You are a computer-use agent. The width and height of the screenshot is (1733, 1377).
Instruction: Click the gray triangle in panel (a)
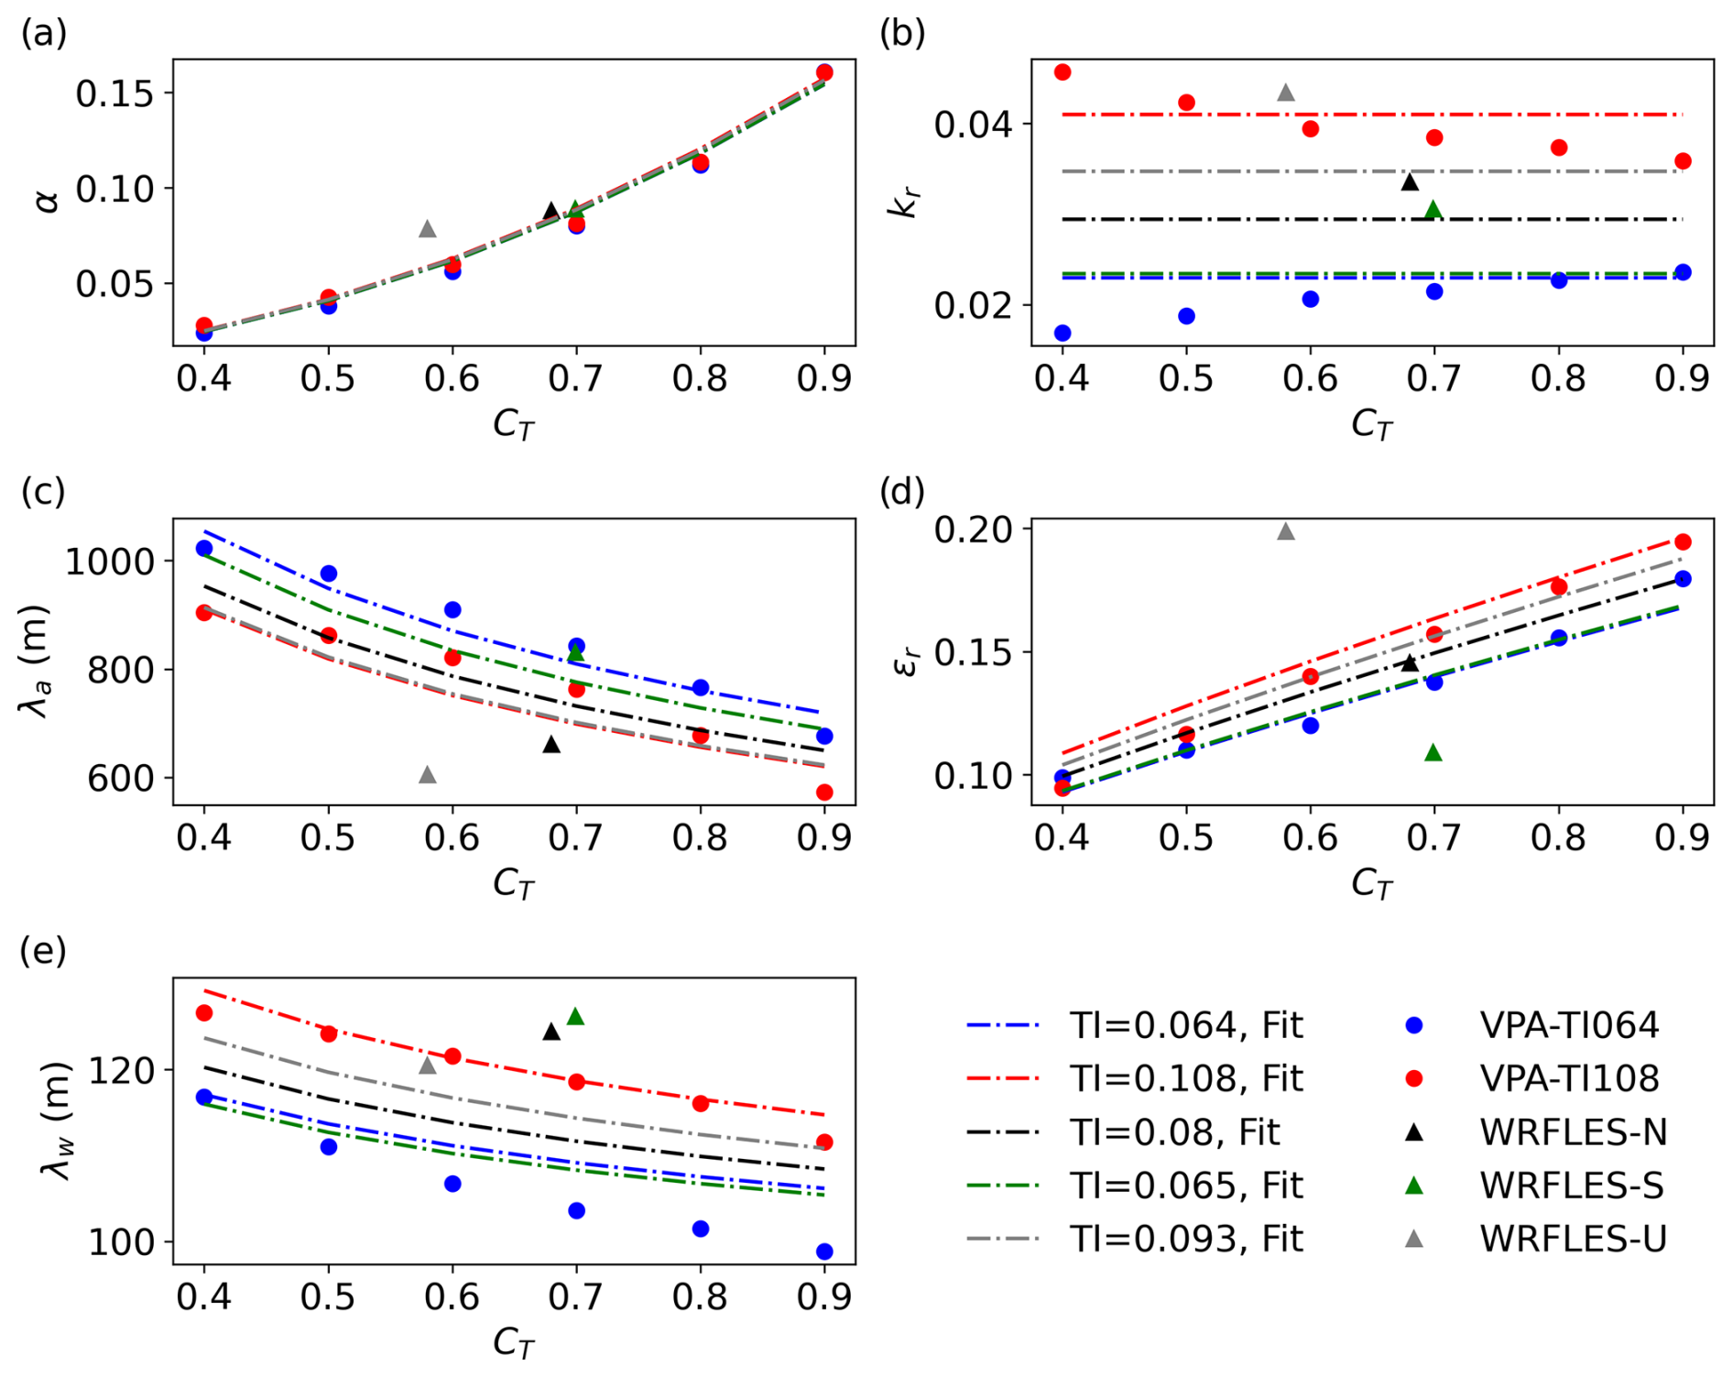[428, 229]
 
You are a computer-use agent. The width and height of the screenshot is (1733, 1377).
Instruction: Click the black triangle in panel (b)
[1411, 182]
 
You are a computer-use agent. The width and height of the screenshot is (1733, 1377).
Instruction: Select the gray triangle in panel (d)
[1286, 531]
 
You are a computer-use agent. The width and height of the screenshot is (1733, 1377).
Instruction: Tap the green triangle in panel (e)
[575, 1017]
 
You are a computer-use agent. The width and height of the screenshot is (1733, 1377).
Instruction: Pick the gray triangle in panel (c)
[428, 775]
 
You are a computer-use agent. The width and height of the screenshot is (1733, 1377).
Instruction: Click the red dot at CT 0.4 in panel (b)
[1063, 72]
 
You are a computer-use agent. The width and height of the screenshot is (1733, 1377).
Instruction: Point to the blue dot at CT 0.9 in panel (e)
[824, 1251]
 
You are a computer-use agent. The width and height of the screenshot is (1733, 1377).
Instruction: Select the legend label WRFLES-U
[1573, 1239]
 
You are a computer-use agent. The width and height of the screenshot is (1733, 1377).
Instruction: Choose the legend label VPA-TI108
[1569, 1078]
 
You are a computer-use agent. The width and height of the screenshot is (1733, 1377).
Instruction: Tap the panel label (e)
[43, 951]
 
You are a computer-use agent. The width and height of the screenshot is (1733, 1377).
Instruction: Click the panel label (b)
[902, 33]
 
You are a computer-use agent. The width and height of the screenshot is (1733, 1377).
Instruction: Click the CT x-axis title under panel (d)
[1371, 884]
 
